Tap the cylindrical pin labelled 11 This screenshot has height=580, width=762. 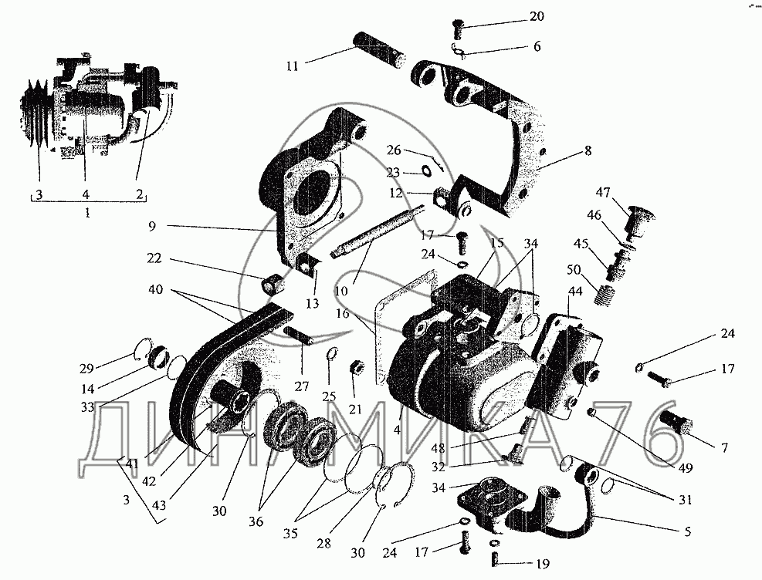(379, 49)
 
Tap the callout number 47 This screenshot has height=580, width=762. (604, 191)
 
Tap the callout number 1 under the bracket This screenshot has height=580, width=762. (87, 211)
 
